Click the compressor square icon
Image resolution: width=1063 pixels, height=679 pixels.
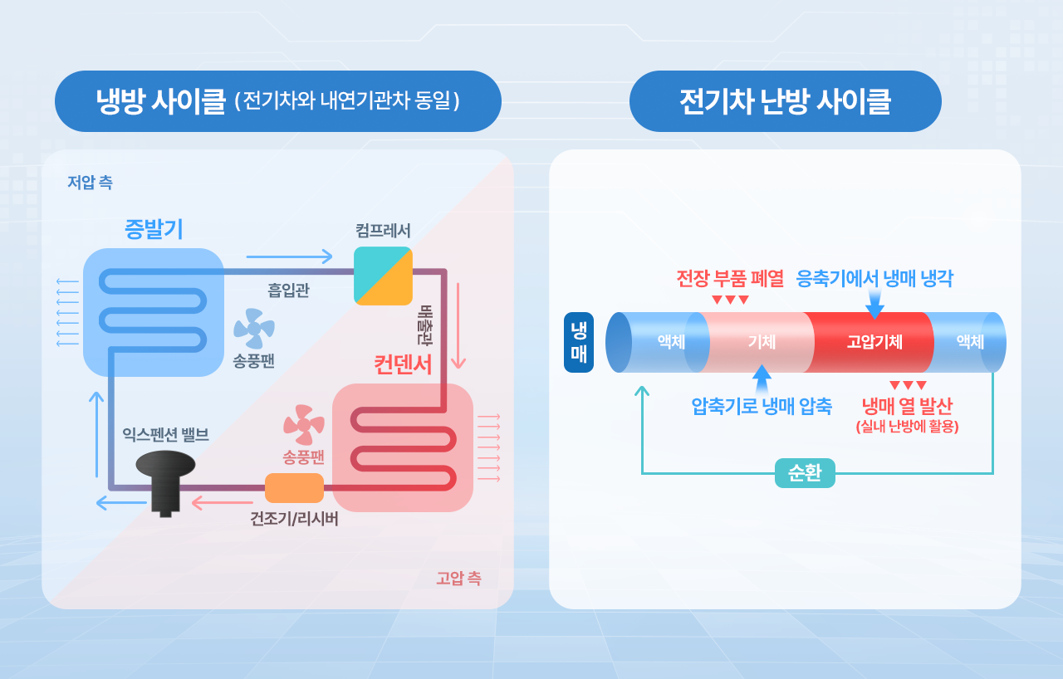[x=383, y=276]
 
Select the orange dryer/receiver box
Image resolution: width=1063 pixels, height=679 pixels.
[x=294, y=488]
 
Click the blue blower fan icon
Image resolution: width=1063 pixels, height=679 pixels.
[x=254, y=329]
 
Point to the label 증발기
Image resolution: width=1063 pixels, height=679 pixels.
[x=154, y=228]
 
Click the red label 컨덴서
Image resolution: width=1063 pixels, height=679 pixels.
[x=403, y=364]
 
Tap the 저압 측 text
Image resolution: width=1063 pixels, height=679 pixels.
[x=90, y=182]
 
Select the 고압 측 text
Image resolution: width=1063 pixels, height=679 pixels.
[x=458, y=579]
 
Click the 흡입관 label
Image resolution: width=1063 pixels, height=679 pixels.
[x=288, y=291]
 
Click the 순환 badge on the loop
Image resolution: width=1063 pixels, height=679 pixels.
[x=805, y=473]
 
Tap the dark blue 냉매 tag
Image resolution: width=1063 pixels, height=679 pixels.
[x=578, y=342]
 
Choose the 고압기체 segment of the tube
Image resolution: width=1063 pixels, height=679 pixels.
[x=874, y=342]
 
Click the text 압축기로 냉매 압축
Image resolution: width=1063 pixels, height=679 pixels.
[x=761, y=407]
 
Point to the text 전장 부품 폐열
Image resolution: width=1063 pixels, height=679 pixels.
[x=730, y=278]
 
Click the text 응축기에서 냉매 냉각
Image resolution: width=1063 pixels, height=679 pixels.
[x=874, y=278]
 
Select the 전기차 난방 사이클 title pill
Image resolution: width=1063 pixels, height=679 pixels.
[x=785, y=101]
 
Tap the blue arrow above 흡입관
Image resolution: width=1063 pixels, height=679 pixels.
[x=289, y=256]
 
